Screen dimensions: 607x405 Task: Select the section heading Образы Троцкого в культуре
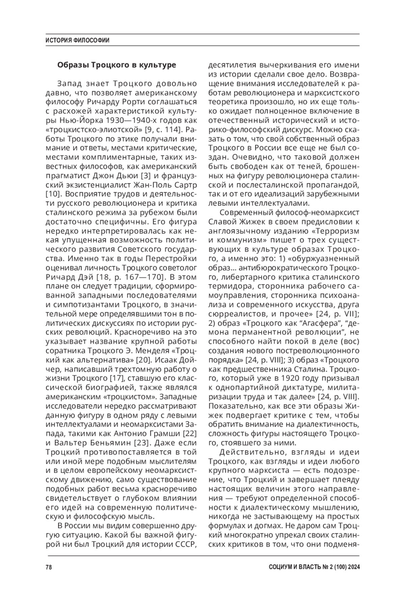click(x=116, y=65)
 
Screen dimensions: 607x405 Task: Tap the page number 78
click(x=49, y=567)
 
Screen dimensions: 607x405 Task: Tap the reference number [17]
click(x=117, y=377)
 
